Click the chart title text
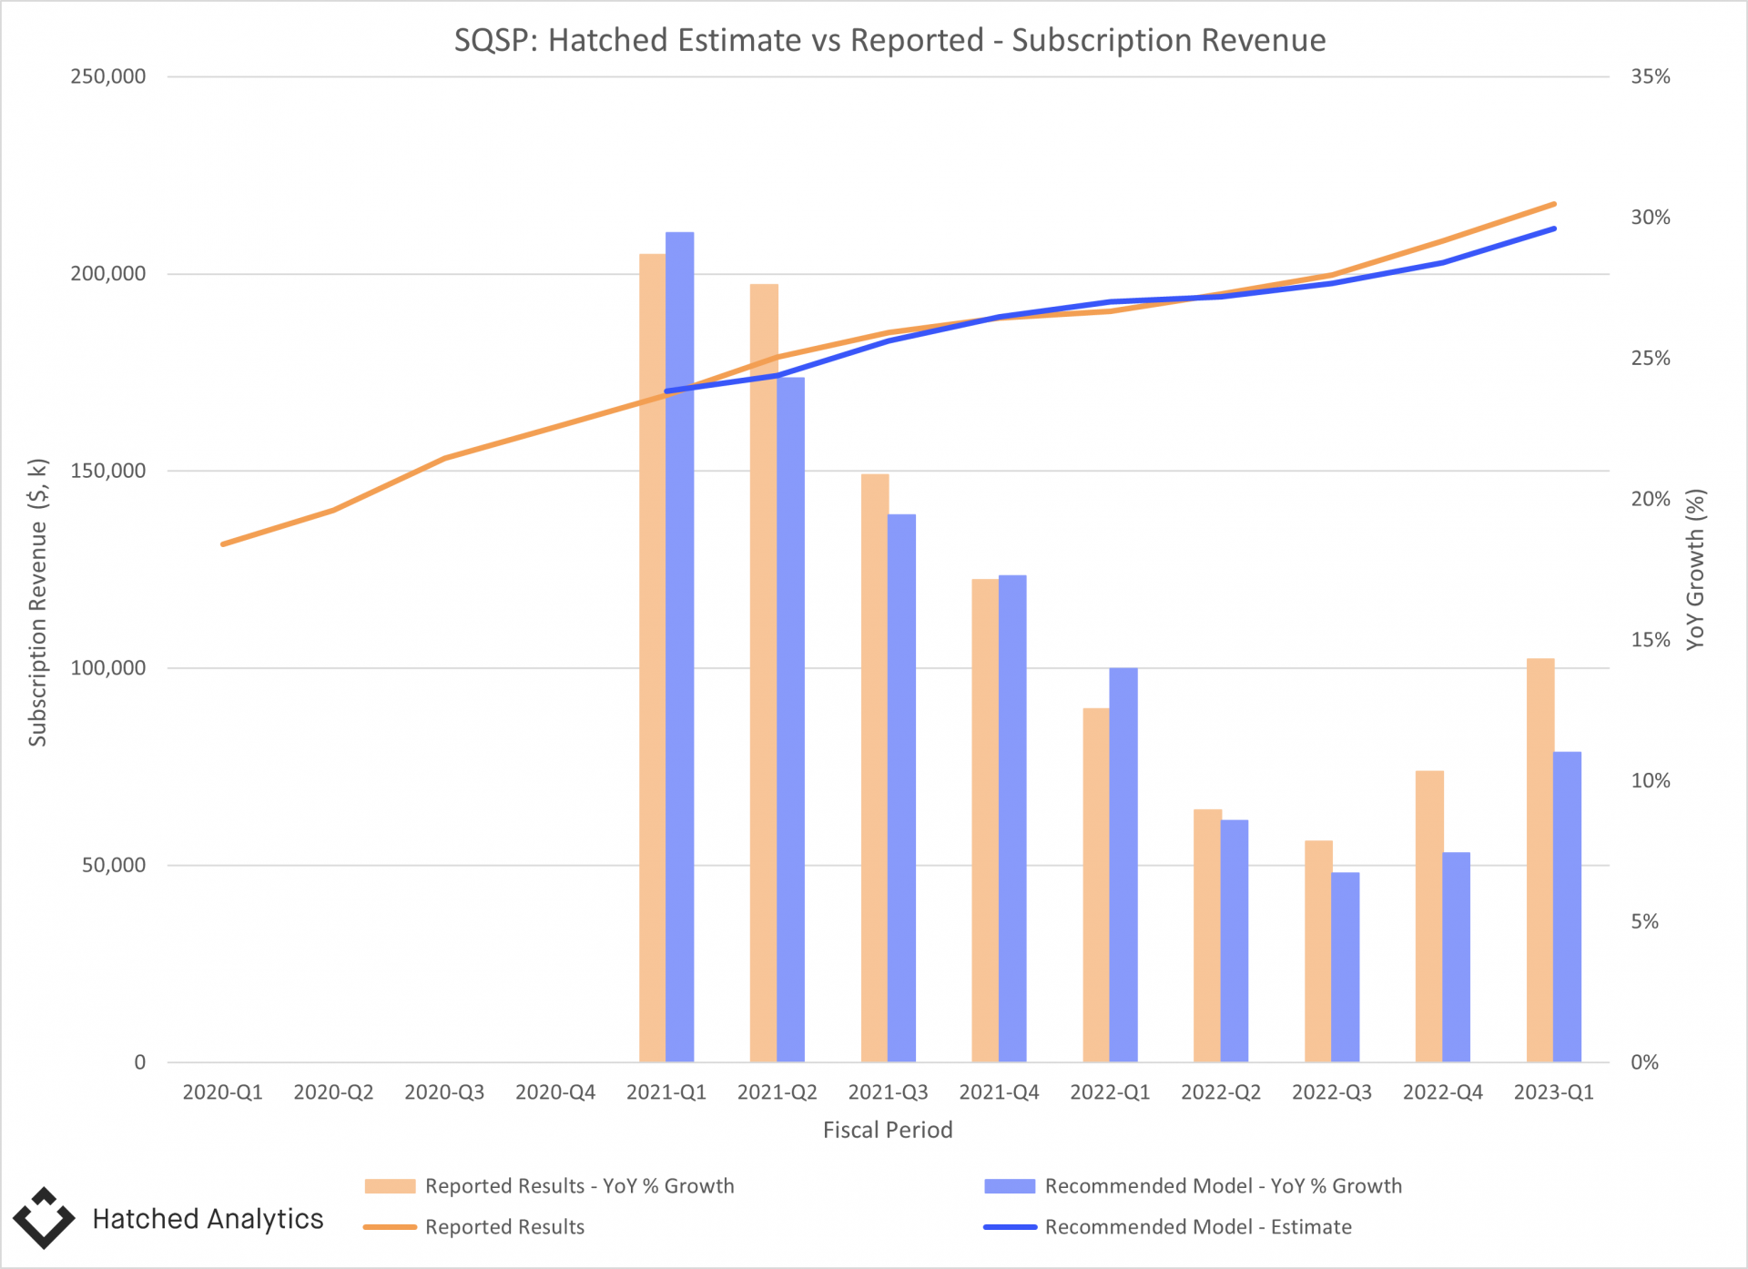click(889, 40)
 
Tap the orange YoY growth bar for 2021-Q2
click(763, 674)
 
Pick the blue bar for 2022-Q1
click(1123, 865)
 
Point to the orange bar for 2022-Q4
click(1428, 916)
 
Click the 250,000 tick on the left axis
click(108, 76)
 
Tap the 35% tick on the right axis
click(1650, 76)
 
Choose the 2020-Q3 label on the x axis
click(444, 1092)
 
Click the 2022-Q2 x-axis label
click(1221, 1092)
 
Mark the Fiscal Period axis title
click(888, 1130)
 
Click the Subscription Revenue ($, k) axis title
click(37, 603)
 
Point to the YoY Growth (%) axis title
click(1694, 570)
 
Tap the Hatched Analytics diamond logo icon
click(44, 1218)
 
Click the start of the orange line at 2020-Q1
click(223, 544)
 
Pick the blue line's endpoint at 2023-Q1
click(1554, 228)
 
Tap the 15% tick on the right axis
click(1650, 640)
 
